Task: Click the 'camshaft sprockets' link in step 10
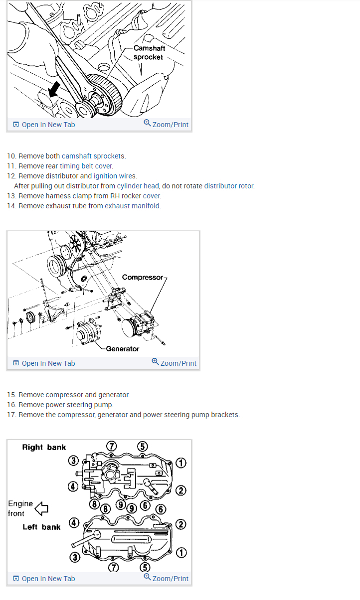tap(94, 156)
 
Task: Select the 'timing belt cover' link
tap(86, 166)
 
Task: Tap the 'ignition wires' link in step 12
tap(115, 176)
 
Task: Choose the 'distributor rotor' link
tap(229, 186)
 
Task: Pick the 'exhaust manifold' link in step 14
tap(132, 206)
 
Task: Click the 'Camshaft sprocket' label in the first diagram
tap(149, 53)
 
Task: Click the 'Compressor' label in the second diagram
tap(142, 277)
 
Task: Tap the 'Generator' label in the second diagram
tap(123, 349)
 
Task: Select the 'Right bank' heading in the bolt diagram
tap(44, 447)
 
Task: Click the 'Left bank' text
tap(41, 527)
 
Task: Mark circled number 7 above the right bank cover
tap(113, 446)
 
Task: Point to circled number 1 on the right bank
tap(181, 463)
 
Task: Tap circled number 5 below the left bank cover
tap(145, 567)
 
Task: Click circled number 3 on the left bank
tap(74, 557)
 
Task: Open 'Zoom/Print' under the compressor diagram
tap(174, 363)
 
